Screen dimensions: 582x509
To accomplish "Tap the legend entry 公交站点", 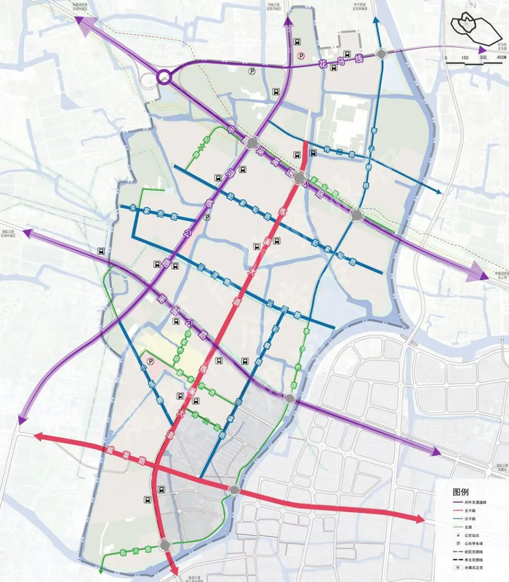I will click(x=465, y=535).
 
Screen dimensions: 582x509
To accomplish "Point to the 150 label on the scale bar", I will click(x=463, y=57).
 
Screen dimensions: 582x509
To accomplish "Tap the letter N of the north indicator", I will click(x=473, y=6).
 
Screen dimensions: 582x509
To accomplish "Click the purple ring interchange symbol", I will click(x=164, y=76).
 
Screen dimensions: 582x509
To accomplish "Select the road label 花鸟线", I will click(x=331, y=59).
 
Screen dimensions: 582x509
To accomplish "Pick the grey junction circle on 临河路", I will click(x=166, y=545).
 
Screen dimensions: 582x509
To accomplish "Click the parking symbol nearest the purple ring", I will click(x=252, y=71).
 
